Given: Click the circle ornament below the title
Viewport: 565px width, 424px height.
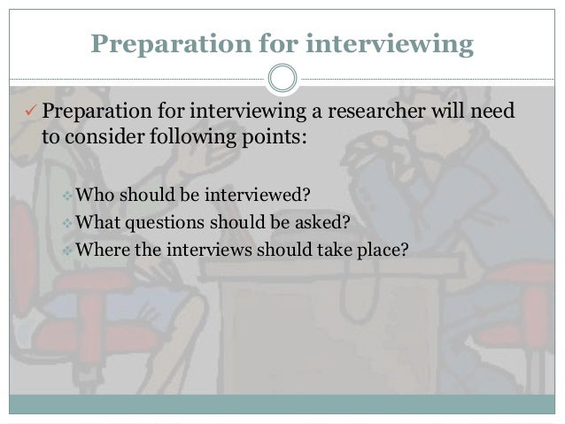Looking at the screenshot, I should click(x=282, y=78).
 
